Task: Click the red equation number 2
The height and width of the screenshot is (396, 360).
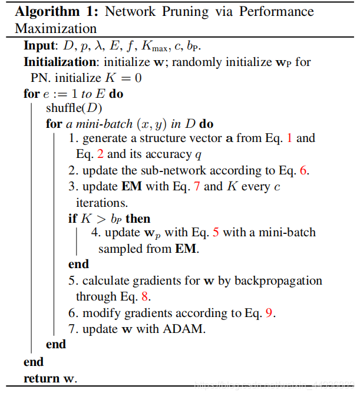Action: (x=100, y=154)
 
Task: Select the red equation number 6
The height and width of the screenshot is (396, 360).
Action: (x=303, y=171)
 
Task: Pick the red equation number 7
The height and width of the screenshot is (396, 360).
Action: (x=196, y=187)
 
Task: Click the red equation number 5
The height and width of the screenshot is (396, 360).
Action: (x=215, y=233)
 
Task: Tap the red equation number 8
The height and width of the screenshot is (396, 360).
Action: (x=144, y=296)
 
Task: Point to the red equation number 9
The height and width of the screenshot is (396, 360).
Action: (x=269, y=313)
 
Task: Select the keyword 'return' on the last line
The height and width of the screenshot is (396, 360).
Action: (x=41, y=378)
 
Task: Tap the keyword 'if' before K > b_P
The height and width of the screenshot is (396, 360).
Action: (x=72, y=218)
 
